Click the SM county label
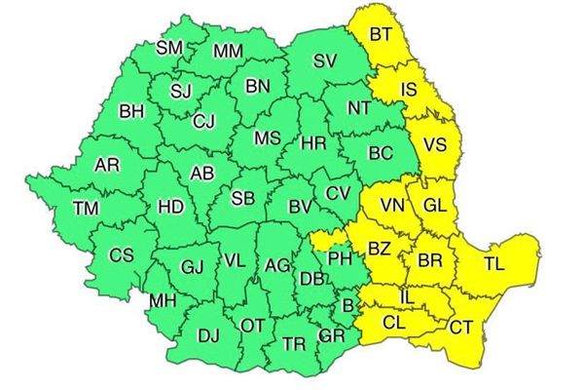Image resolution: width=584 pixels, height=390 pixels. pos(169,47)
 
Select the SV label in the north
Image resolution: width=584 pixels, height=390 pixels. pos(324,60)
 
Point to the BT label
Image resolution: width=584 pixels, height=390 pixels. pos(382,35)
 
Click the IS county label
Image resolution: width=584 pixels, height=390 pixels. pos(410,91)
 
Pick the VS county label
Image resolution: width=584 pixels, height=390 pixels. pos(435,144)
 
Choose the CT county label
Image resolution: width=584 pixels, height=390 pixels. pos(460,327)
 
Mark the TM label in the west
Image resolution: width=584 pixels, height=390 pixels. pos(86,207)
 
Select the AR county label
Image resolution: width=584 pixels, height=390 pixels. pos(107,166)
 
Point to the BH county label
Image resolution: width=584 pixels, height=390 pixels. pos(131,112)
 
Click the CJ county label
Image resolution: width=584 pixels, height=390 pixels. pos(204,122)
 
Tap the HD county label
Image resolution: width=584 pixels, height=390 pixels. pos(170,207)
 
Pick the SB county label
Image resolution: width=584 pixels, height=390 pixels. pos(243,200)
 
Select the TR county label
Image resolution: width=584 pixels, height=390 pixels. pos(293,344)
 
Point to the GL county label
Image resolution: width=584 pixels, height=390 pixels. pos(434,207)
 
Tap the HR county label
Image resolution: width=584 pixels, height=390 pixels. pos(313,144)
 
